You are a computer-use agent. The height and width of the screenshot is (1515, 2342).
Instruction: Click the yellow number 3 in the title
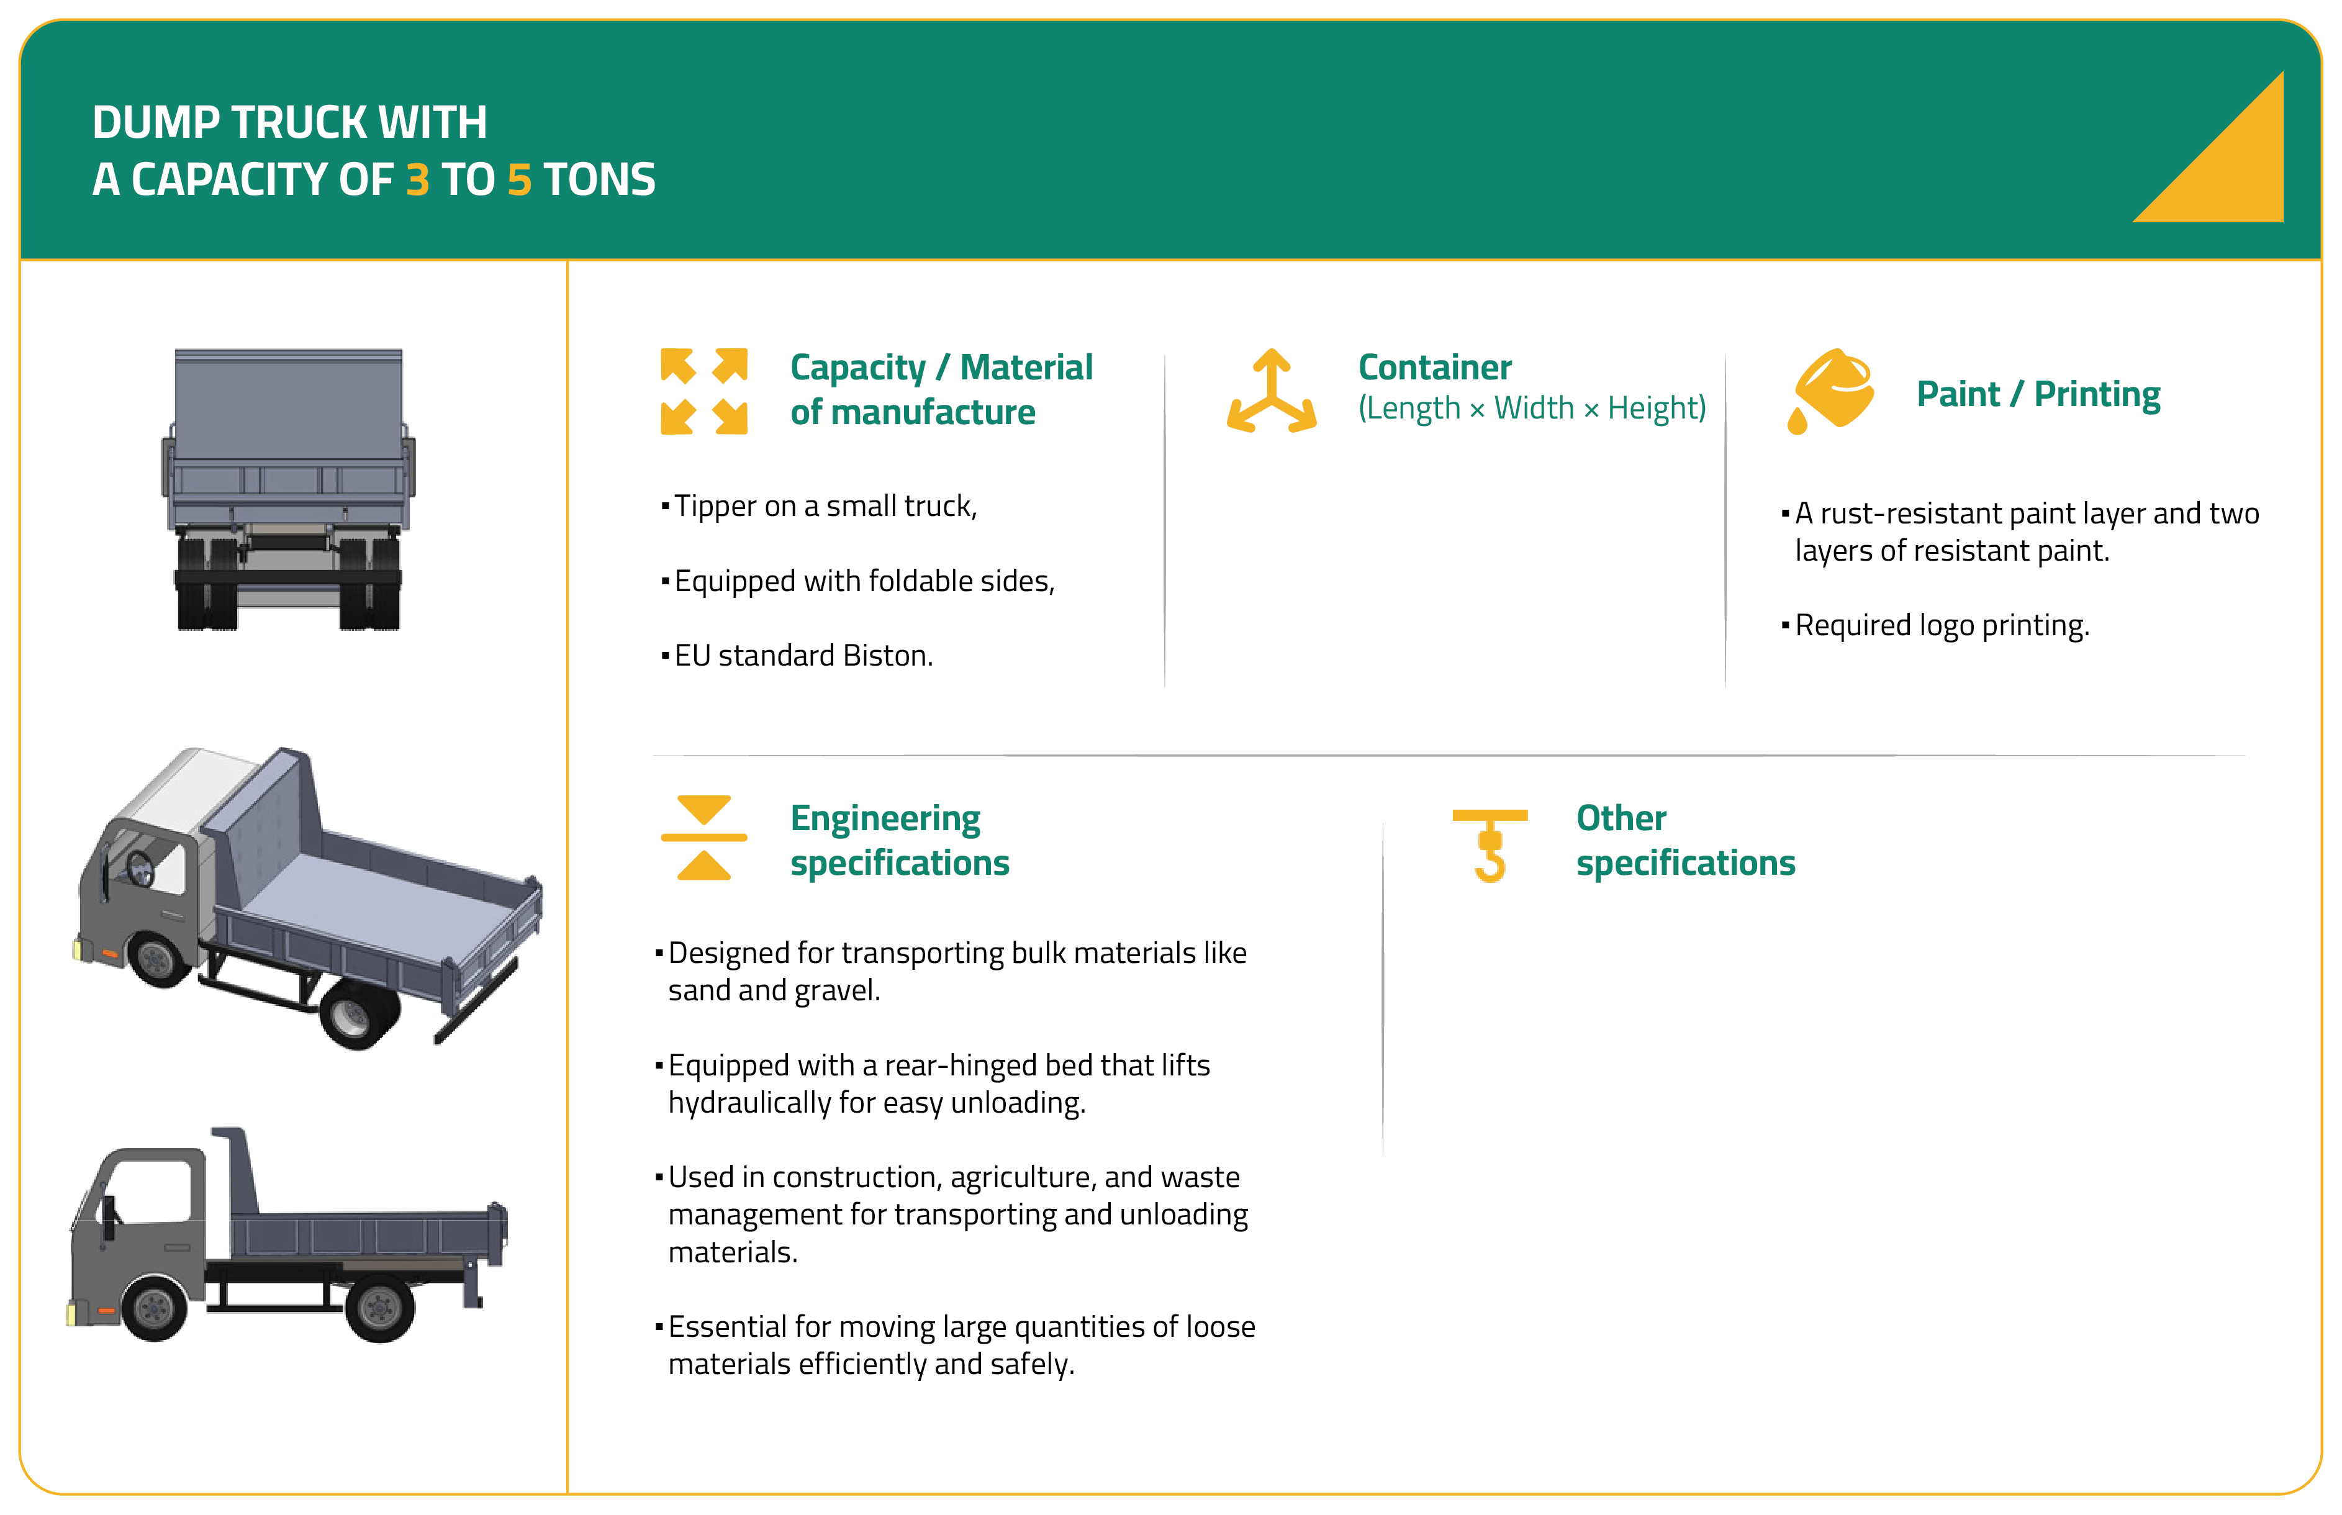click(x=418, y=180)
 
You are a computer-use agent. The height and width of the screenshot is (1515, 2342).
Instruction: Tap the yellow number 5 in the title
click(x=519, y=180)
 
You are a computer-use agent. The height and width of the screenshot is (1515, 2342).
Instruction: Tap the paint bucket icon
click(x=1830, y=391)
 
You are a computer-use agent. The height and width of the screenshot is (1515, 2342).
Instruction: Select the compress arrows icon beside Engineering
click(x=703, y=837)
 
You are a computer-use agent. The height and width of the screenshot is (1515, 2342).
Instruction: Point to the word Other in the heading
click(x=1621, y=818)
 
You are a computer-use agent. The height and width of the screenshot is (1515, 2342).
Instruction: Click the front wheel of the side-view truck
click(x=155, y=1308)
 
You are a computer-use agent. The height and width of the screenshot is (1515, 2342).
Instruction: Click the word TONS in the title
click(x=599, y=180)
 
